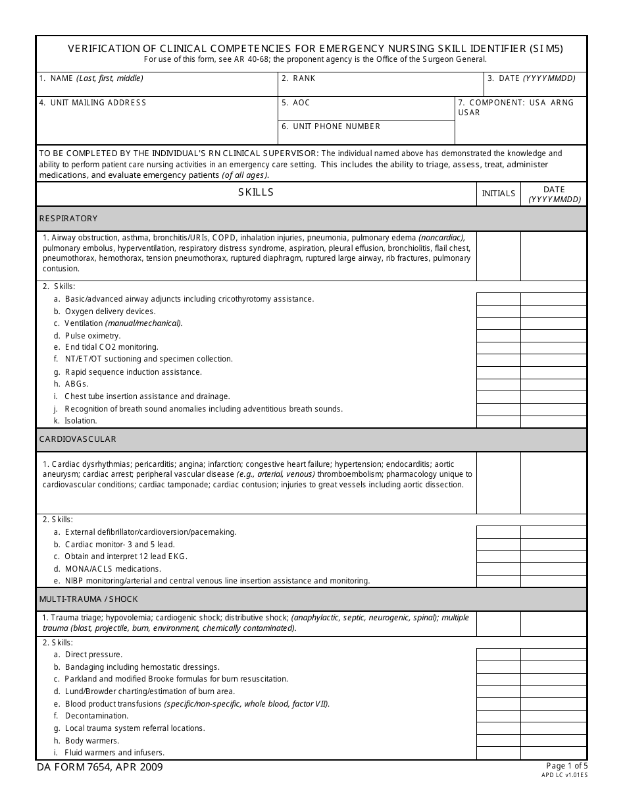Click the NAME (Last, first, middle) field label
coord(91,78)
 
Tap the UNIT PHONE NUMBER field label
coord(331,126)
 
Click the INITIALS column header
coord(498,194)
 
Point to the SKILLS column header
coord(255,192)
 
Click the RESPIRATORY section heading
coord(68,219)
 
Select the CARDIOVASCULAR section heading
coord(78,439)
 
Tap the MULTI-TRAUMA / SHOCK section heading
coord(88,599)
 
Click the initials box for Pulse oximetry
coord(498,336)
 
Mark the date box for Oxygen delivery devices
coord(553,311)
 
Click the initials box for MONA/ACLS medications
coord(498,569)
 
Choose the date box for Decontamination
coord(553,716)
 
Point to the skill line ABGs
coord(76,384)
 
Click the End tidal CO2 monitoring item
coord(111,347)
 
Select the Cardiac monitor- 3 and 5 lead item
coord(120,545)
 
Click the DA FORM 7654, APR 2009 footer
coord(99,767)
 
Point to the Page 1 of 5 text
coord(566,766)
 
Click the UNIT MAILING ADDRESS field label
coord(92,103)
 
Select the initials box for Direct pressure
coord(498,655)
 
